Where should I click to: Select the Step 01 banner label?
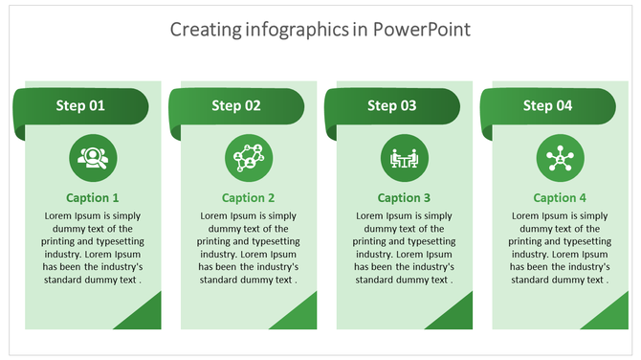pyautogui.click(x=80, y=106)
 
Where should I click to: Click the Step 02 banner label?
pyautogui.click(x=236, y=106)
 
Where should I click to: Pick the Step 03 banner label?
pyautogui.click(x=392, y=106)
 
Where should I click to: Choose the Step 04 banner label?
pyautogui.click(x=548, y=106)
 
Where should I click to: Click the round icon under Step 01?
pyautogui.click(x=93, y=158)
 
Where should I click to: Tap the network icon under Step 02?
pyautogui.click(x=249, y=158)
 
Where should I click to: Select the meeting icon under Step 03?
pyautogui.click(x=405, y=158)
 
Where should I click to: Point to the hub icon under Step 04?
pyautogui.click(x=560, y=158)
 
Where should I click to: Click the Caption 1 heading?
pyautogui.click(x=93, y=198)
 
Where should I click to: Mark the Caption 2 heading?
pyautogui.click(x=249, y=198)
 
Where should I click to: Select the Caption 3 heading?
pyautogui.click(x=405, y=198)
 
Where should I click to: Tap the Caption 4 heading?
pyautogui.click(x=560, y=198)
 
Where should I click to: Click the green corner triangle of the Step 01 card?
pyautogui.click(x=143, y=317)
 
